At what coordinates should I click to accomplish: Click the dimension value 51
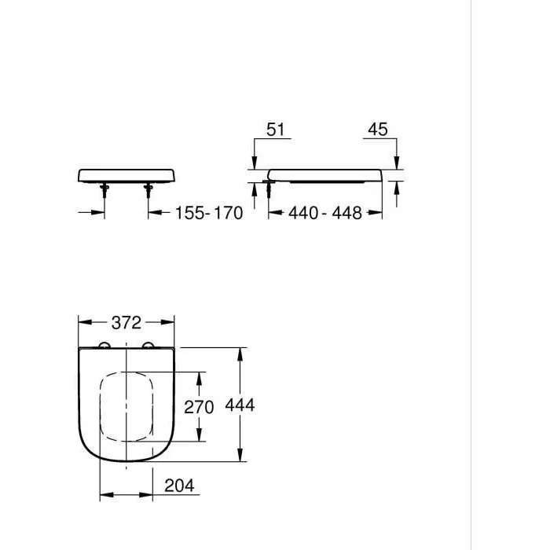coord(275,130)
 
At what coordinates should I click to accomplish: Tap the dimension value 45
coord(377,130)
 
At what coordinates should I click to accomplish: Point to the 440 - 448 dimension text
coord(324,213)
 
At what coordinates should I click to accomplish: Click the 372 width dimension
coord(126,322)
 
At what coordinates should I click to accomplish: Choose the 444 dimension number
coord(240,405)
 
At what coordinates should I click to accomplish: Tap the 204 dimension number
coord(179,486)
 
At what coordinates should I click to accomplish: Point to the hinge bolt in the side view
coord(269,188)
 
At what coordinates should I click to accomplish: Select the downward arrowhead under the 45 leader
coord(397,163)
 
